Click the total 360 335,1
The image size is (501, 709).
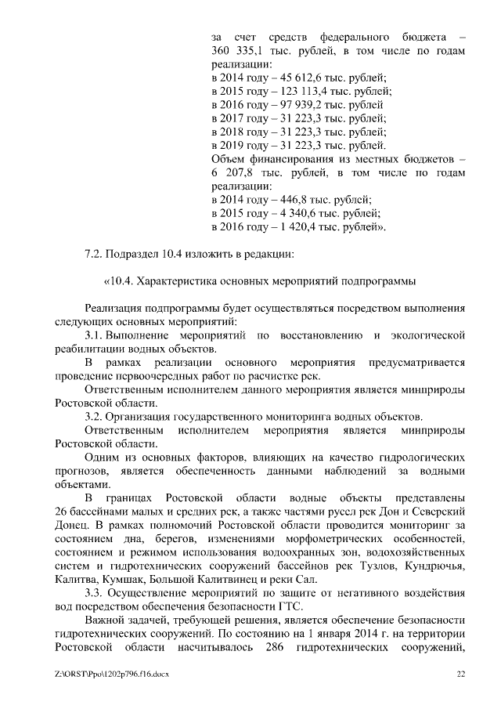[x=236, y=51]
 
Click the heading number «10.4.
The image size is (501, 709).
[x=117, y=281]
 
